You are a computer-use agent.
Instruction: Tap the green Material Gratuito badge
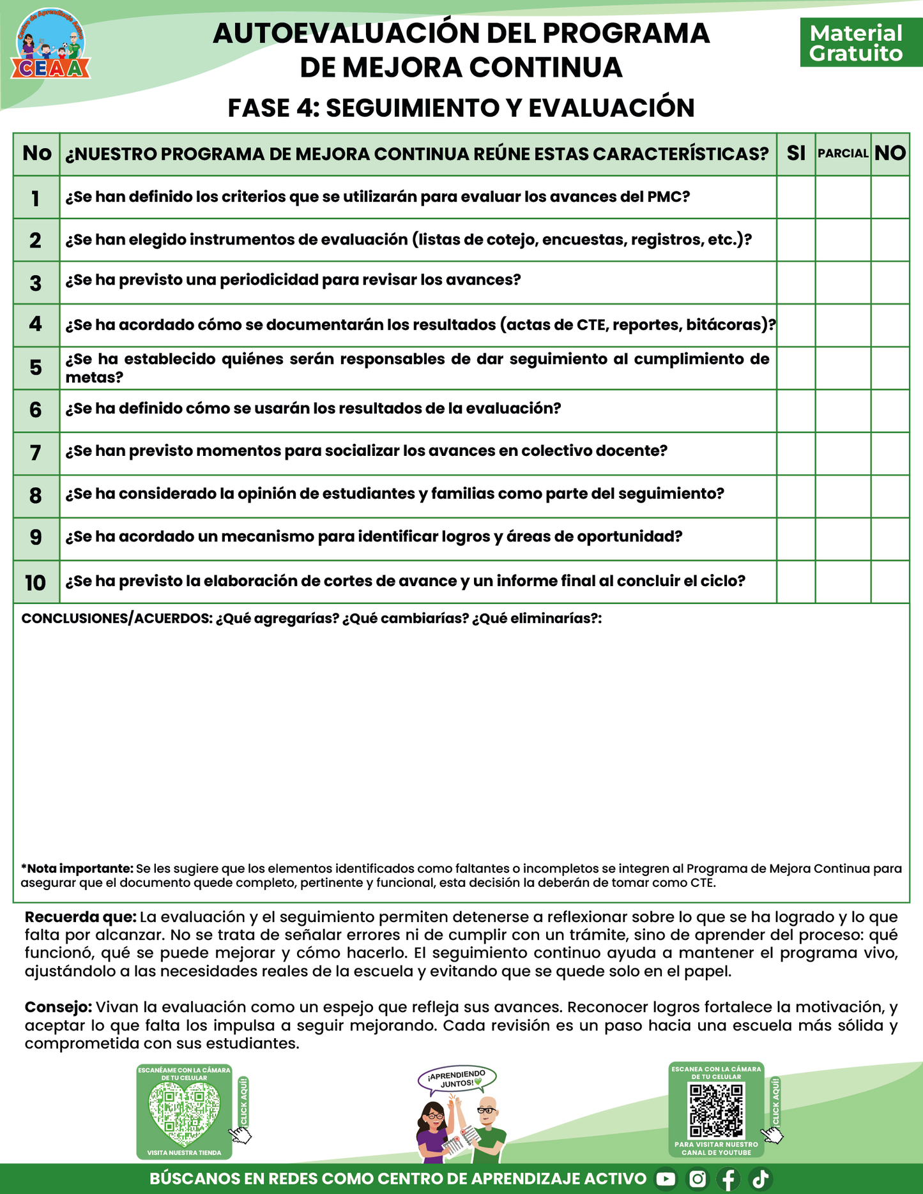click(x=856, y=43)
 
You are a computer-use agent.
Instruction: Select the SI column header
click(x=796, y=153)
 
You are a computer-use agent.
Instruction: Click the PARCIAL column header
click(x=843, y=153)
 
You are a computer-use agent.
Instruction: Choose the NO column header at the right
click(x=890, y=153)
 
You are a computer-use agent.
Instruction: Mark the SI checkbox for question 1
click(x=796, y=197)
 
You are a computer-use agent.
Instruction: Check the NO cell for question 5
click(x=890, y=368)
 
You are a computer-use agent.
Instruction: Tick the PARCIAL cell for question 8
click(x=843, y=496)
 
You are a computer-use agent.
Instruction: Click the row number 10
click(x=36, y=582)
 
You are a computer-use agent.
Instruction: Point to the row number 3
click(x=36, y=283)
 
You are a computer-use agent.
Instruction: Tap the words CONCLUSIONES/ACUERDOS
click(x=116, y=618)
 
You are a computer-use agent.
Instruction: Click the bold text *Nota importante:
click(x=77, y=868)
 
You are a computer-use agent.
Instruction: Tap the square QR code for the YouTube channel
click(x=716, y=1112)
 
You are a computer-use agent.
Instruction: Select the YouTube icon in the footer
click(x=666, y=1179)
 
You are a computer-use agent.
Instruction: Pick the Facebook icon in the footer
click(x=728, y=1179)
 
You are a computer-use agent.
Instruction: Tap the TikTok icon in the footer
click(x=761, y=1179)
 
